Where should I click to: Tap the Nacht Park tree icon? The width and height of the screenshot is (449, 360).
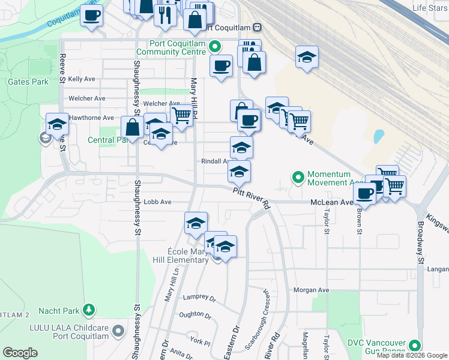tap(89, 310)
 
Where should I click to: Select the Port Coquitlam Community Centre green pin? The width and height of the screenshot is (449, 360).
tap(217, 46)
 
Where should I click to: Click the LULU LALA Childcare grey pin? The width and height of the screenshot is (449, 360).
tap(118, 331)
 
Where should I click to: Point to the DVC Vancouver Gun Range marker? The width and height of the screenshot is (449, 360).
tap(415, 346)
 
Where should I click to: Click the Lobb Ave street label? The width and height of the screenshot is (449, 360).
tap(158, 202)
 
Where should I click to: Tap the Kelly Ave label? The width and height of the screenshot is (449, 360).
tap(82, 79)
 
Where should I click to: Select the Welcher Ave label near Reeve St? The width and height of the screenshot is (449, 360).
tap(87, 98)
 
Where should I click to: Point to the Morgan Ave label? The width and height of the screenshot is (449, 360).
tap(312, 290)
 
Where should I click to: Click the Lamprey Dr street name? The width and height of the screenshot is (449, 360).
tap(199, 297)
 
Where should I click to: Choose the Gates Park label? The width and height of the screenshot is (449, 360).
tap(28, 82)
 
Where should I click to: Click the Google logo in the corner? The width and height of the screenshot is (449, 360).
tap(20, 353)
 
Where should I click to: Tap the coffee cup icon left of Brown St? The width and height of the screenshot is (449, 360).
tap(364, 193)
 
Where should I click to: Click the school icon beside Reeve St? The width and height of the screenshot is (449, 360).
tap(57, 124)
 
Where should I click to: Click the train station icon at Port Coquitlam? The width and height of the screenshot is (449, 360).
tap(257, 27)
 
